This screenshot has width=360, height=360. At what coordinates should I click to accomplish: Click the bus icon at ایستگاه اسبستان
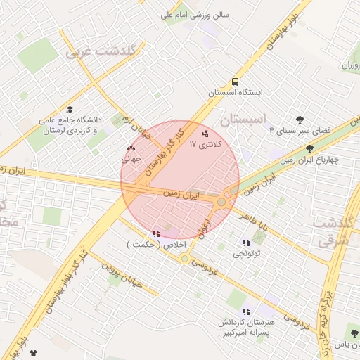pyautogui.click(x=234, y=81)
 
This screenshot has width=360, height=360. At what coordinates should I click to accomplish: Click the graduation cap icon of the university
pyautogui.click(x=70, y=110)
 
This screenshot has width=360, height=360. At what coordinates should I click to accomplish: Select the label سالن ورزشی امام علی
pyautogui.click(x=199, y=13)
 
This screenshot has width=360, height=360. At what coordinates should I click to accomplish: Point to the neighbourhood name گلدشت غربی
pyautogui.click(x=104, y=51)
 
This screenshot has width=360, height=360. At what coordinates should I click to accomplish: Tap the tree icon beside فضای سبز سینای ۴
pyautogui.click(x=300, y=120)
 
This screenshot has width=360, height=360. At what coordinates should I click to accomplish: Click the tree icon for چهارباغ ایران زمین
pyautogui.click(x=310, y=148)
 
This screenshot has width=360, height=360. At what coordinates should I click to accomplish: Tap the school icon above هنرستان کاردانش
pyautogui.click(x=245, y=311)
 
